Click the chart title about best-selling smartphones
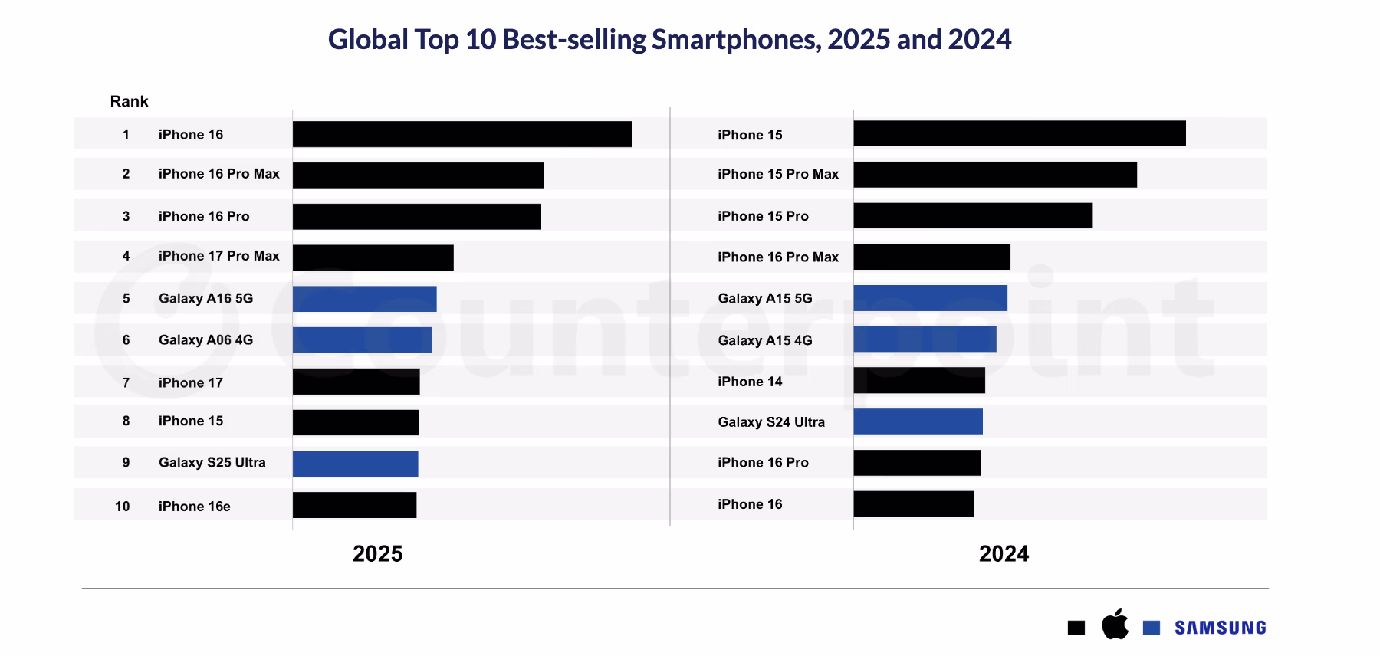tap(669, 40)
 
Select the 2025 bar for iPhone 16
tap(462, 134)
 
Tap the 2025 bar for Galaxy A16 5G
tap(364, 299)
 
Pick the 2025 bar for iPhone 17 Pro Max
tap(373, 257)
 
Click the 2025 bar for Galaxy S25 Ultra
tap(355, 464)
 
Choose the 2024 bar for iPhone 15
tap(1019, 133)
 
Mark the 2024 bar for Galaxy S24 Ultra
tap(918, 421)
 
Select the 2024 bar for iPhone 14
tap(919, 380)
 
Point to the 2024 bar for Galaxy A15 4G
tap(925, 339)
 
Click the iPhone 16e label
tap(194, 507)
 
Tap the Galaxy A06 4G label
tap(205, 340)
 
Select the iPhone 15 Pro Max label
tap(777, 175)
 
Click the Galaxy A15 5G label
tap(764, 299)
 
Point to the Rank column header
tap(129, 102)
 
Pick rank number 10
tap(123, 507)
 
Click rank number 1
tap(126, 135)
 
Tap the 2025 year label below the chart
tap(377, 554)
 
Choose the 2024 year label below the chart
tap(1004, 554)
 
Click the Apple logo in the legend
tap(1115, 625)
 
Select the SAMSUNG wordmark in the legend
tap(1220, 628)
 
